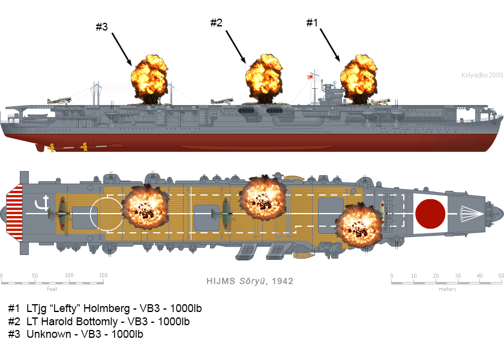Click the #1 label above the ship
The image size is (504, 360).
point(311,23)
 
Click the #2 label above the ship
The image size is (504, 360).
point(216,23)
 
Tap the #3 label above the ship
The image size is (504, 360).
point(101,27)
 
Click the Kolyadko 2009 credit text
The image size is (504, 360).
point(482,75)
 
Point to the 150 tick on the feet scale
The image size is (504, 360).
point(103,276)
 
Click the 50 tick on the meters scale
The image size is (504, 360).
point(500,276)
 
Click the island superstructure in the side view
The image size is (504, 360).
point(329,93)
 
